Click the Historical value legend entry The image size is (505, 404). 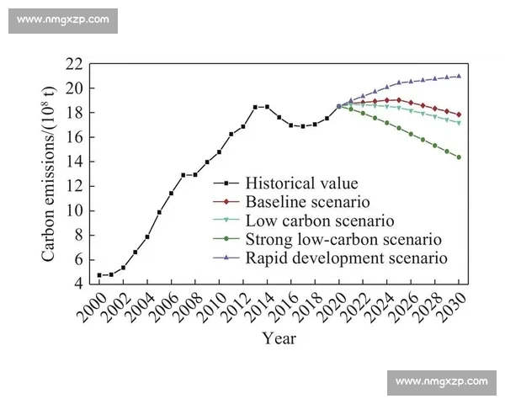coord(290,183)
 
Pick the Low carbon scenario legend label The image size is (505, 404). coord(319,221)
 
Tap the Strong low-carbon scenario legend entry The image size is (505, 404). coord(343,239)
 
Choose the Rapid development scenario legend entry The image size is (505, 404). coord(345,258)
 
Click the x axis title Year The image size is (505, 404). coord(278,339)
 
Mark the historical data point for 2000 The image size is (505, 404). coord(99,275)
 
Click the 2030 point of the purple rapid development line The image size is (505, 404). coord(460,76)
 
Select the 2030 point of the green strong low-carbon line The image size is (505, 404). coord(460,157)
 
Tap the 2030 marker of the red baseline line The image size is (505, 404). coord(460,114)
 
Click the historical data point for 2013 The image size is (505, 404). coord(255,107)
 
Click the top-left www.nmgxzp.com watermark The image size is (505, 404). coord(63,19)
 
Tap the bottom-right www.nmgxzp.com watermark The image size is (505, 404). coord(441,382)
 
